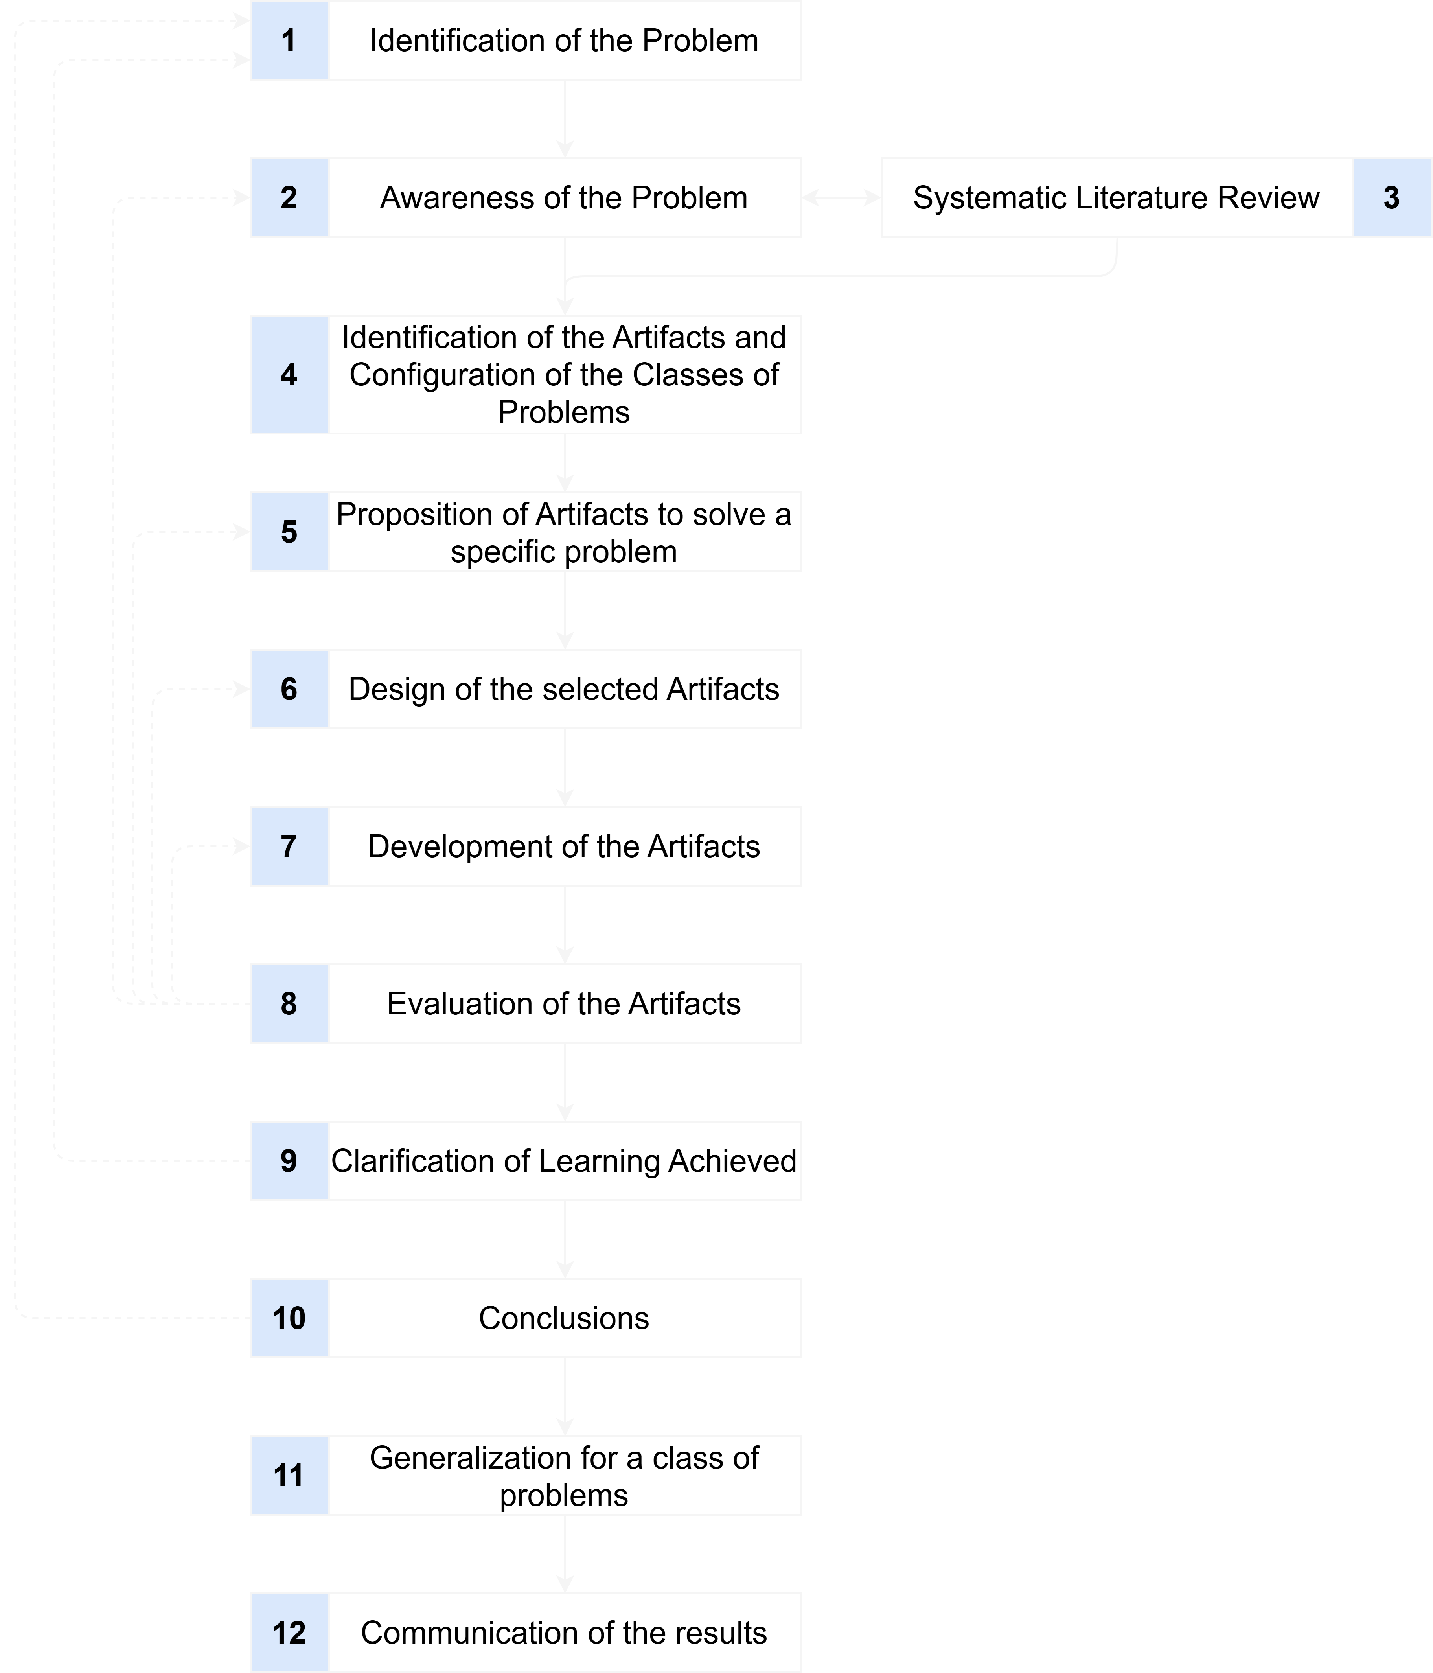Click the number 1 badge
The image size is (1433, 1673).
(289, 40)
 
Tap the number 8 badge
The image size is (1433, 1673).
(289, 1004)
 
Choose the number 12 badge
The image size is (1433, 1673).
(289, 1633)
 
